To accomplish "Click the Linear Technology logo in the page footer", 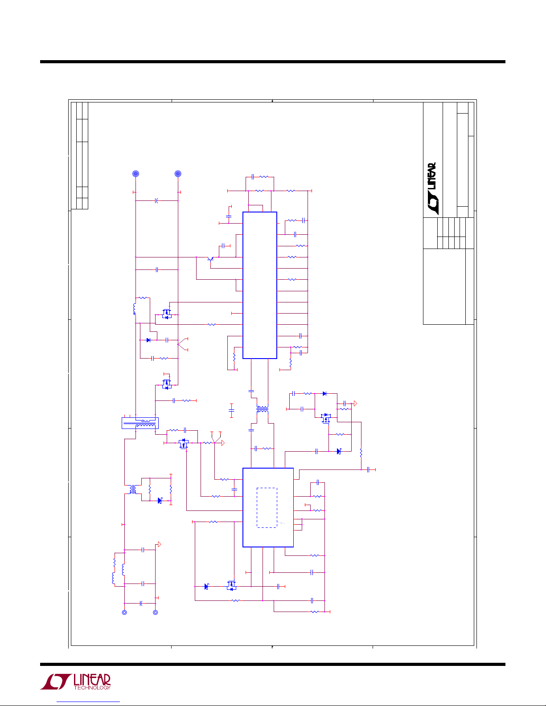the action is coord(75,682).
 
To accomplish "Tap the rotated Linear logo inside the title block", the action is coord(432,188).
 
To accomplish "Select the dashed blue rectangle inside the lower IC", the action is coord(267,507).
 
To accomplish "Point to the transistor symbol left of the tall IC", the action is coord(210,259).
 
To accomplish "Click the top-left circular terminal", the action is coord(135,174).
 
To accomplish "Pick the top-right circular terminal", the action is coord(178,174).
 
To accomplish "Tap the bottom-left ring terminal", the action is coord(124,612).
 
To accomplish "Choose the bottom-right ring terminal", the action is coord(156,612).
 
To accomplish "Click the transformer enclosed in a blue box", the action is coord(140,423).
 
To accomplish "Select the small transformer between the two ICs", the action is coord(262,409).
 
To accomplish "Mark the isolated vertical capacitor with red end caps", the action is coord(231,410).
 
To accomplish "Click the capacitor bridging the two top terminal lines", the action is coord(156,201).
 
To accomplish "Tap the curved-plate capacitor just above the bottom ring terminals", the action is coord(141,604).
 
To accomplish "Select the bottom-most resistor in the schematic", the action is coord(315,612).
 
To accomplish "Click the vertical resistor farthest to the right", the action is coord(361,453).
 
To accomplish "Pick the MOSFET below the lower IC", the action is coord(231,585).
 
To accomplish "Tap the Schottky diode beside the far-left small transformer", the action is coord(160,501).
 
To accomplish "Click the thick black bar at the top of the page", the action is coord(273,62).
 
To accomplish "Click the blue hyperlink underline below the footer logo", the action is coord(88,702).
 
